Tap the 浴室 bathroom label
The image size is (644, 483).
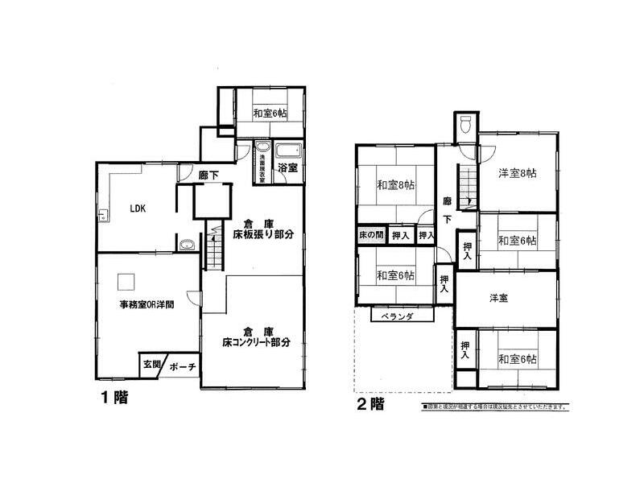288,168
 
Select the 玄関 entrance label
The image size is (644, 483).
152,364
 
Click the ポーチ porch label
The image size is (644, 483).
183,367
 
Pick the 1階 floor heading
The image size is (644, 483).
114,397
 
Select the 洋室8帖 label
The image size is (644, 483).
517,173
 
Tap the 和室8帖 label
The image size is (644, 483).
396,185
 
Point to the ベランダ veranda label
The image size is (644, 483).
398,316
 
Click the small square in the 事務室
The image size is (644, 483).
126,281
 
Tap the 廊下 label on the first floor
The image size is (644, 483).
208,175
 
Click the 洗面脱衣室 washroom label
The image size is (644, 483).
262,167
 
